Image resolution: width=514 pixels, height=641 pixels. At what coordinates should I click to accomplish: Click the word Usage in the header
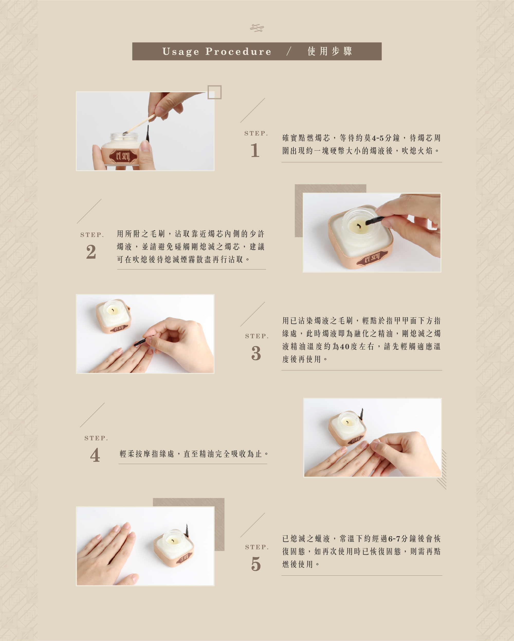point(181,52)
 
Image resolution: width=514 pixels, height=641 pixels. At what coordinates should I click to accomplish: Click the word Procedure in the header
point(238,51)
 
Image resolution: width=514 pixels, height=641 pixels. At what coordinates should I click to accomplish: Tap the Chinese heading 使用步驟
point(330,51)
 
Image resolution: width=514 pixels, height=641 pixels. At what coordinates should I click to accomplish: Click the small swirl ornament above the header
point(257,28)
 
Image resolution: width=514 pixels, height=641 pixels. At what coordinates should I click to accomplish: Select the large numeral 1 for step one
point(255,150)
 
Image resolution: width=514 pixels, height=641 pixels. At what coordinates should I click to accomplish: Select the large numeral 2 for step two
point(91,252)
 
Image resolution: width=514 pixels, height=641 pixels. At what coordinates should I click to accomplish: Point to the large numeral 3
point(256,353)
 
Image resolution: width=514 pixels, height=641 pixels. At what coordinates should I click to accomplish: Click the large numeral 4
point(95,455)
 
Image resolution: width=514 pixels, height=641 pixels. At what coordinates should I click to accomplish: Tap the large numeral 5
point(256,564)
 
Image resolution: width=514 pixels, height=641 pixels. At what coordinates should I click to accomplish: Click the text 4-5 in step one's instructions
point(378,138)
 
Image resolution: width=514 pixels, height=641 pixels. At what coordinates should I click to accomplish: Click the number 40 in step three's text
point(345,347)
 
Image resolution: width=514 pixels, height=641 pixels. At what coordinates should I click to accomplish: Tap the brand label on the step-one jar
point(123,156)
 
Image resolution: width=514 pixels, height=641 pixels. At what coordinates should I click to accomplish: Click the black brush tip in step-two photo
point(372,221)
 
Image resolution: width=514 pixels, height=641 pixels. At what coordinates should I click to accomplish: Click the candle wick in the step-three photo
point(113,311)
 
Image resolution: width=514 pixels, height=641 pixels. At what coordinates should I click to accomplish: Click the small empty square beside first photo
point(214,92)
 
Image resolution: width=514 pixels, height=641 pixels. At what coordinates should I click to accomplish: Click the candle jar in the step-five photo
point(174,547)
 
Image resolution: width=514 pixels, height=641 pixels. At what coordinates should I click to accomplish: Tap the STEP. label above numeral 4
point(96,438)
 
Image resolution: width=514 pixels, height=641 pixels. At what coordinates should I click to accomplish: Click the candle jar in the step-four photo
point(347,428)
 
